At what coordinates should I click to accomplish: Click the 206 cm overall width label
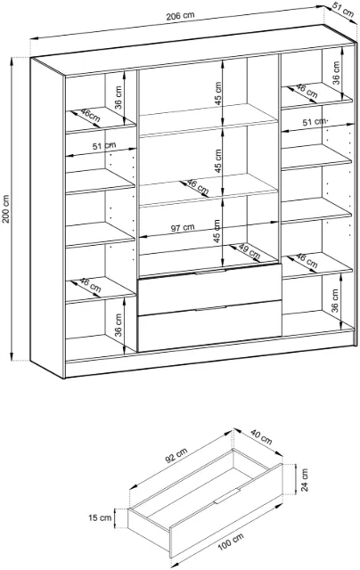(x=180, y=16)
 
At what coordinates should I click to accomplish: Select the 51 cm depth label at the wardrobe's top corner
(x=342, y=11)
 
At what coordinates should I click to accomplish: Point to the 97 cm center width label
(x=183, y=228)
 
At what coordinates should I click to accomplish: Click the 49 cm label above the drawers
(x=250, y=251)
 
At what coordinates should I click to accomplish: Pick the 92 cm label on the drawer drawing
(x=176, y=455)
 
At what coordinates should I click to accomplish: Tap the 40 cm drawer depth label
(x=261, y=436)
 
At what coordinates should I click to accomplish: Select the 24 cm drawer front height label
(x=305, y=479)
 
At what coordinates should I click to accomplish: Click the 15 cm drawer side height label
(x=100, y=517)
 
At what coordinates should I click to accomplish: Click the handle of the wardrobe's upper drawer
(x=210, y=272)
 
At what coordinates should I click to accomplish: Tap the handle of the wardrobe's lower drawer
(x=210, y=308)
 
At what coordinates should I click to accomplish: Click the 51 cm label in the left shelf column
(x=104, y=146)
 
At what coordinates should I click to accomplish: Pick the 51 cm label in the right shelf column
(x=315, y=121)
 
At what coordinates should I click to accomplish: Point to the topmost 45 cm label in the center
(x=217, y=94)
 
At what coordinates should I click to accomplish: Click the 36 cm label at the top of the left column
(x=119, y=97)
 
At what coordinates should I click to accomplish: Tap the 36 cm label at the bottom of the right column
(x=335, y=301)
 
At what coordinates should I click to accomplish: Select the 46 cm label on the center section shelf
(x=198, y=187)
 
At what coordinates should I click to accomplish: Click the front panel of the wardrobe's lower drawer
(x=209, y=326)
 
